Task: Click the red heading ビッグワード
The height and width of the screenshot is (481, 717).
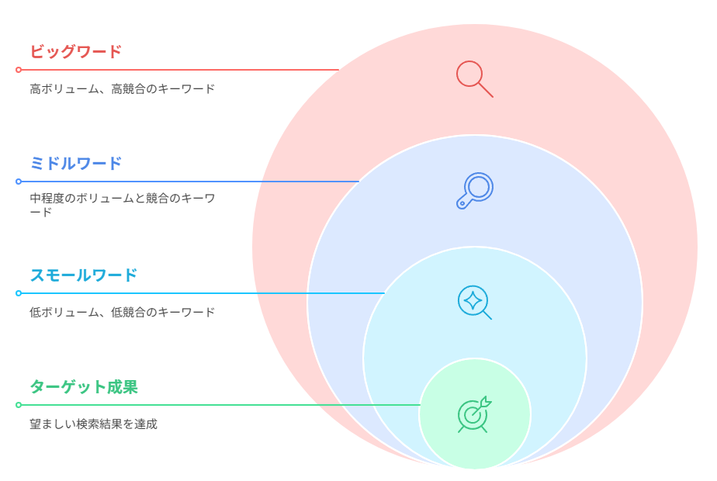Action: pyautogui.click(x=76, y=51)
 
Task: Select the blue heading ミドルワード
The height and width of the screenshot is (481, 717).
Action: pyautogui.click(x=76, y=163)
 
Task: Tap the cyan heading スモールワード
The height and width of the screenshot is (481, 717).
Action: pyautogui.click(x=84, y=275)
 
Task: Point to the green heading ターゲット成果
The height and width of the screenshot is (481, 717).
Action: pyautogui.click(x=84, y=387)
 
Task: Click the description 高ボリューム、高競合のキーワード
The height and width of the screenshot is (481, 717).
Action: pyautogui.click(x=122, y=88)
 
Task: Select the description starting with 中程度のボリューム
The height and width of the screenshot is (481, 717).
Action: pyautogui.click(x=122, y=205)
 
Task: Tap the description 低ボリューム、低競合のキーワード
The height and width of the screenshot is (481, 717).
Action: pyautogui.click(x=122, y=313)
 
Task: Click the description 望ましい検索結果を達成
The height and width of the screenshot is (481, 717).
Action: pyautogui.click(x=93, y=424)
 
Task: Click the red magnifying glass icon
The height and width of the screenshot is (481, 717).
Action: pyautogui.click(x=475, y=79)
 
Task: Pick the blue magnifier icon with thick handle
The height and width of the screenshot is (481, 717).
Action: pyautogui.click(x=475, y=191)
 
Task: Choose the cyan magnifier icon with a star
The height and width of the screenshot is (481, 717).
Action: pyautogui.click(x=475, y=303)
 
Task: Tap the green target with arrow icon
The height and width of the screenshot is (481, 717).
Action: pyautogui.click(x=475, y=414)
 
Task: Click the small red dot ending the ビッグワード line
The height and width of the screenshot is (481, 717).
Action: pyautogui.click(x=19, y=70)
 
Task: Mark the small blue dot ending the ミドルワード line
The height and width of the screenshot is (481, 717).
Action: pyautogui.click(x=19, y=182)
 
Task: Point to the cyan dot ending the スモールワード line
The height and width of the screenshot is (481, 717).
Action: pyautogui.click(x=19, y=293)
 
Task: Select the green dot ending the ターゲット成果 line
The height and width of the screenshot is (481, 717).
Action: pyautogui.click(x=19, y=405)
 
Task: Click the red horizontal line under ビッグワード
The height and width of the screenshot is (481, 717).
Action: pyautogui.click(x=180, y=70)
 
